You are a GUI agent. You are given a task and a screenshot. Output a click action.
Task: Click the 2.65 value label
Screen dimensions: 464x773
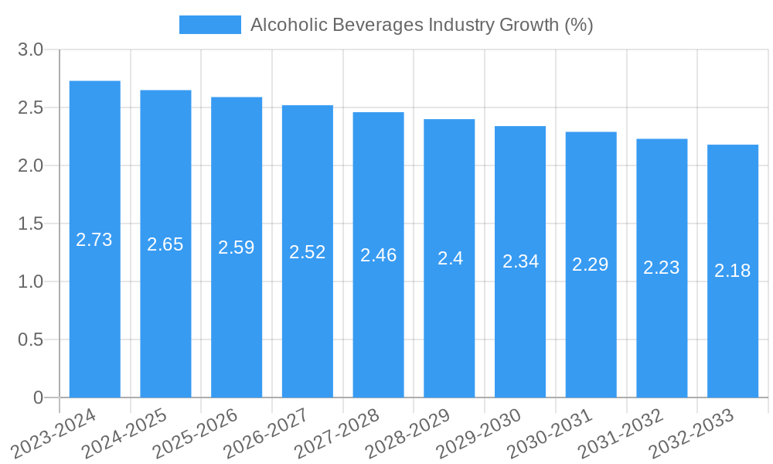click(x=165, y=244)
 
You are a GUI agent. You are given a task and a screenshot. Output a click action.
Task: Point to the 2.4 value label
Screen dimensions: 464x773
click(x=450, y=258)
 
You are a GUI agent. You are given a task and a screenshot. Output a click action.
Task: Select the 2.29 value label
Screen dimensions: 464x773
click(x=591, y=264)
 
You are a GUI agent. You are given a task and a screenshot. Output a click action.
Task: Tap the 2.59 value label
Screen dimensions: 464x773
click(x=237, y=247)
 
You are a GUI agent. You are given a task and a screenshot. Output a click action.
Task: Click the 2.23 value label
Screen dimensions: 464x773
click(x=662, y=268)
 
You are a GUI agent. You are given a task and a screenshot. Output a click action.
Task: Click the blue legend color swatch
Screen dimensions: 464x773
click(x=209, y=25)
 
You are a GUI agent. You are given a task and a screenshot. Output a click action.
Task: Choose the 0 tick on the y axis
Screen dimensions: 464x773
click(x=39, y=397)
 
